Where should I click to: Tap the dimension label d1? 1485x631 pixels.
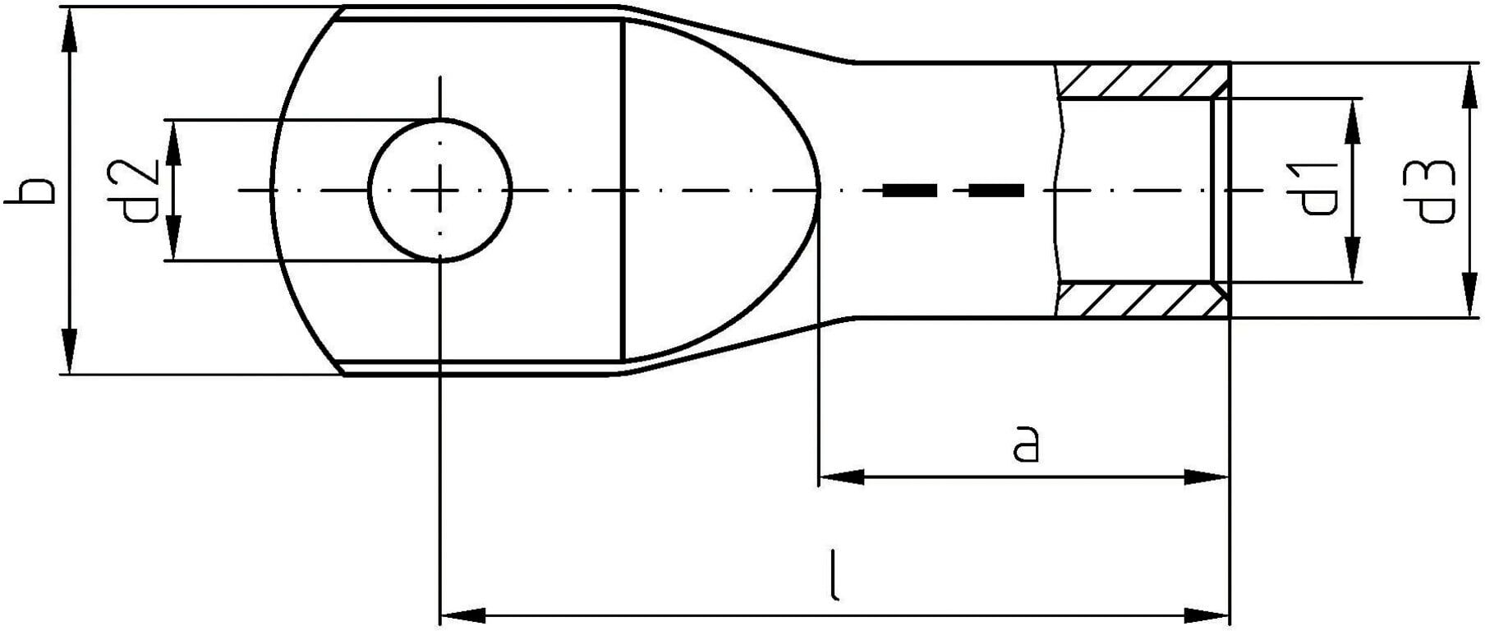click(1317, 190)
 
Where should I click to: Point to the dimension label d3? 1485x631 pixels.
click(1435, 191)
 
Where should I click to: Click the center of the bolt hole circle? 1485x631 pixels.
click(441, 190)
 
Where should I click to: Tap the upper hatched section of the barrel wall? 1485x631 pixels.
click(1142, 81)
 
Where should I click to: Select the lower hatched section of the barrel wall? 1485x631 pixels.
click(1142, 301)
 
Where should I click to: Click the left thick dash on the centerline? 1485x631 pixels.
click(910, 191)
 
